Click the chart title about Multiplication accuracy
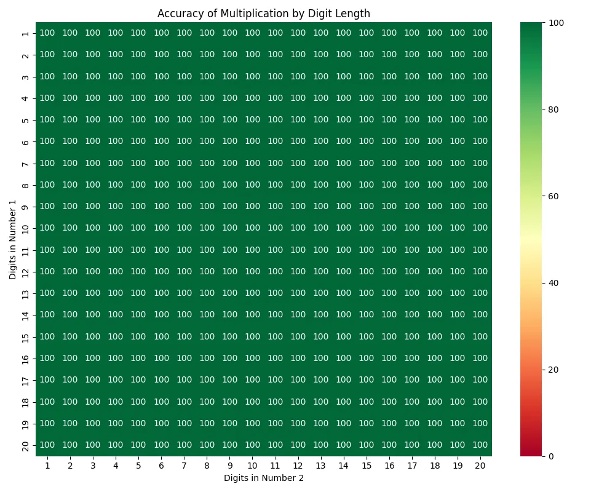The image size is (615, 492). [x=264, y=14]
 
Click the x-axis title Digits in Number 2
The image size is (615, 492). [x=264, y=478]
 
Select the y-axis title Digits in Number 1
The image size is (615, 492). [x=13, y=239]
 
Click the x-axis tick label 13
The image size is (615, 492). [x=320, y=466]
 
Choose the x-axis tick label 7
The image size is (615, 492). [x=184, y=466]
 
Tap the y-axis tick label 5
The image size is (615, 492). [x=25, y=120]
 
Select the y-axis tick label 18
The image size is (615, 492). [x=25, y=402]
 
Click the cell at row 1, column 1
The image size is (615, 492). [x=47, y=33]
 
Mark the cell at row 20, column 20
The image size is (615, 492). [x=480, y=445]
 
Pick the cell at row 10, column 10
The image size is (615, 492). [x=252, y=228]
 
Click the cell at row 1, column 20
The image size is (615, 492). [x=480, y=33]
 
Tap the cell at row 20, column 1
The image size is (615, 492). [x=47, y=445]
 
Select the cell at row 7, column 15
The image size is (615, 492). [x=366, y=163]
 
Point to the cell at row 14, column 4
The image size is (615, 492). [x=116, y=315]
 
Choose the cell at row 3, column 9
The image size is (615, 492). [x=229, y=76]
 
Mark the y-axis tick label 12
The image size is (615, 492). [x=25, y=271]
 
